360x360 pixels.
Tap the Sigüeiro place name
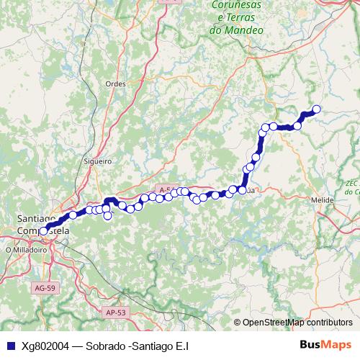coord(96,162)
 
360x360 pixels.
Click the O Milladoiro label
coord(27,250)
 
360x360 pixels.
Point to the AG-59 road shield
coord(44,288)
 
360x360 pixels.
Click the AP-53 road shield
coord(115,312)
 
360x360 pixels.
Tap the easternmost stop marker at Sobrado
coord(315,109)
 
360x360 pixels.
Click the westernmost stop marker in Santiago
coord(43,231)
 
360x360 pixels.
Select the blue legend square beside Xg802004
coord(9,346)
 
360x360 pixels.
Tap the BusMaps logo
coord(326,345)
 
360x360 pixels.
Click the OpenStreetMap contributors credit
coord(297,323)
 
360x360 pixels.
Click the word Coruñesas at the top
coord(238,6)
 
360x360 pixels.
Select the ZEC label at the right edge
coord(352,183)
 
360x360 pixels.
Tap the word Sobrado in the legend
coord(104,346)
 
